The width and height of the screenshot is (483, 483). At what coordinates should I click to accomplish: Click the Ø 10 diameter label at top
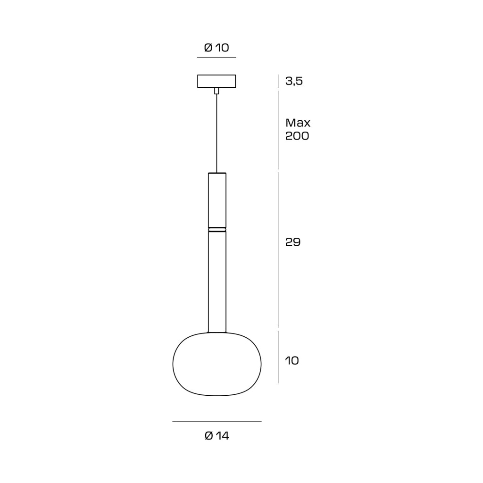point(217,48)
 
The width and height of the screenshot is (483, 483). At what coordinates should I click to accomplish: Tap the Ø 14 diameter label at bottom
point(217,435)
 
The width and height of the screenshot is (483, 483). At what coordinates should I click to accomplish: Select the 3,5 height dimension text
point(294,81)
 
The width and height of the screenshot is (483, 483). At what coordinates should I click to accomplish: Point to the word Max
point(298,123)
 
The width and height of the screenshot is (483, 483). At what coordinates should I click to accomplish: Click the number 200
point(297,136)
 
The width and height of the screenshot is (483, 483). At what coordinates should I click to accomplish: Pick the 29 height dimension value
point(292,242)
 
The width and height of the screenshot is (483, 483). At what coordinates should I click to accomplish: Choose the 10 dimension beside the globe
point(292,360)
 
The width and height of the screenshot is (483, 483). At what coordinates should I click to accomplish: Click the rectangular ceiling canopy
point(217,81)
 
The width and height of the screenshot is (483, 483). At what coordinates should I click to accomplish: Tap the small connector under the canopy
point(217,91)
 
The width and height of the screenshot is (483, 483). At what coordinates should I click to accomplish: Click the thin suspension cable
point(217,133)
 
